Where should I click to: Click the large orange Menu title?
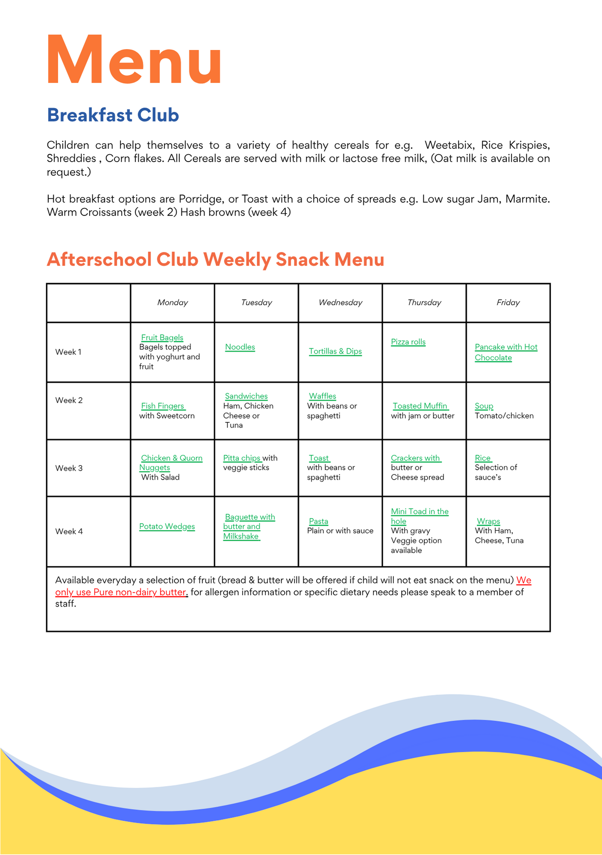coord(134,60)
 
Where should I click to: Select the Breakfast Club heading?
coord(113,115)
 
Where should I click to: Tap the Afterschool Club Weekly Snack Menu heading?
coord(215,259)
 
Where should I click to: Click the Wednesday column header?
coord(341,303)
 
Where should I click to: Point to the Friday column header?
coord(508,303)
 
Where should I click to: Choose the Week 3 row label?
coord(69,468)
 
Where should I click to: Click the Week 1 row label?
coord(68,352)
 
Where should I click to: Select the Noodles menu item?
coord(240,347)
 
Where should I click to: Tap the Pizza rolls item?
coord(408,342)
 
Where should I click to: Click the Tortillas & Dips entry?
coord(335,351)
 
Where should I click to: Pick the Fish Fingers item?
coord(163,406)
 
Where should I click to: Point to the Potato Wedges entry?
coord(167,526)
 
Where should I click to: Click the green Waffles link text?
coord(323,396)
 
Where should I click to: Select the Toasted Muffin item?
coord(420,406)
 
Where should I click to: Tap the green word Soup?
coord(484,406)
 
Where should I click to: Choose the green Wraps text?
coord(488,521)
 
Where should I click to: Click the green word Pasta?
coord(319,521)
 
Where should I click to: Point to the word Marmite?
coord(527,199)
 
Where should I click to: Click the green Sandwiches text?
coord(247,396)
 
